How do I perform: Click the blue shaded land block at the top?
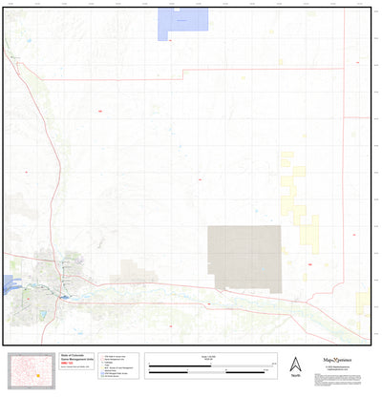[181, 23]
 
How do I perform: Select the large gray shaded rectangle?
[244, 257]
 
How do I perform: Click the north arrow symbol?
[295, 364]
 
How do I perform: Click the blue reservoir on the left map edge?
[8, 285]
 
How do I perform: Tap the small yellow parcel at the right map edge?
[363, 303]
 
